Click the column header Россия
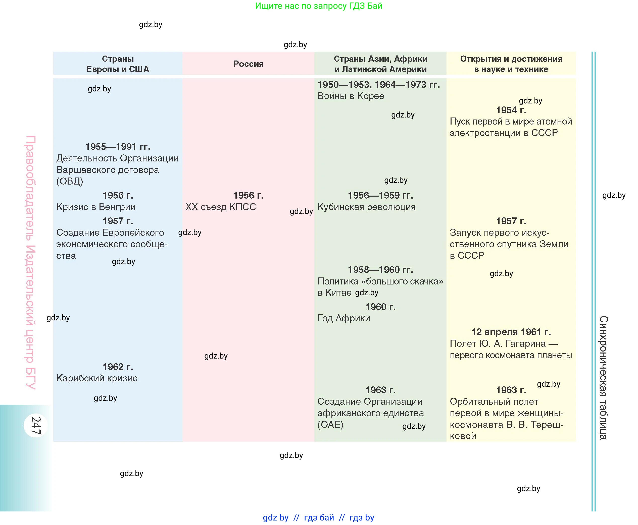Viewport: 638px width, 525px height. (x=248, y=64)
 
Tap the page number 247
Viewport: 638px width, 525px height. (x=36, y=425)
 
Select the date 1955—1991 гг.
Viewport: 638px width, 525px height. (x=118, y=147)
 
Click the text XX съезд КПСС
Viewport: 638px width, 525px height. (x=221, y=207)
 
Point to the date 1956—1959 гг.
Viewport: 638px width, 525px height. (x=380, y=195)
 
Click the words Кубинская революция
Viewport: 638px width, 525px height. (x=366, y=207)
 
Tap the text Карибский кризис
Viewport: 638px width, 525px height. (x=97, y=378)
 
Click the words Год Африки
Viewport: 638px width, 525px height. (x=343, y=318)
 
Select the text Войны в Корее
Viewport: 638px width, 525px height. (x=351, y=96)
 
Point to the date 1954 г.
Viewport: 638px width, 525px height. (x=511, y=110)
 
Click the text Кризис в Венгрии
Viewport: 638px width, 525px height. (x=96, y=207)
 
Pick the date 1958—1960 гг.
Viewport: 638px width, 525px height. (x=380, y=269)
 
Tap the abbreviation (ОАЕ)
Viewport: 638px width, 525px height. (x=330, y=425)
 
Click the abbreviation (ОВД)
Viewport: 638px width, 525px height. (x=70, y=181)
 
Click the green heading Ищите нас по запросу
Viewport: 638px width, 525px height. (x=318, y=6)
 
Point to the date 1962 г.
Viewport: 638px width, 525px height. (x=118, y=367)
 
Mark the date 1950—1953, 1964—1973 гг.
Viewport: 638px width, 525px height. (x=378, y=85)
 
